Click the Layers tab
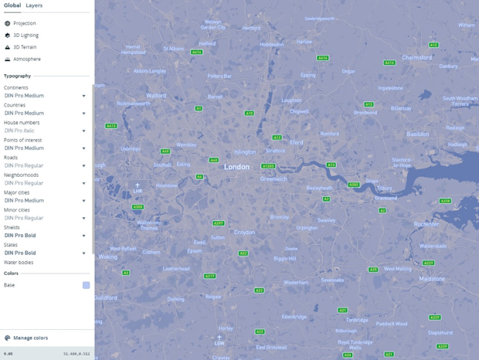(34, 5)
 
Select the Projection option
(24, 23)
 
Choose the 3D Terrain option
(24, 47)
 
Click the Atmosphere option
(26, 59)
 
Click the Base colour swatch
(86, 285)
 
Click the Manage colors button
(30, 338)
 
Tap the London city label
(237, 167)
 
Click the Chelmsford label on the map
(417, 57)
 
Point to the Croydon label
(244, 232)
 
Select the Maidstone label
(432, 278)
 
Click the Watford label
(156, 96)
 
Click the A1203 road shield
(268, 166)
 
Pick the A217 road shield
(209, 276)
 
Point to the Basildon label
(418, 134)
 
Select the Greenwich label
(273, 178)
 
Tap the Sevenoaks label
(332, 280)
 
